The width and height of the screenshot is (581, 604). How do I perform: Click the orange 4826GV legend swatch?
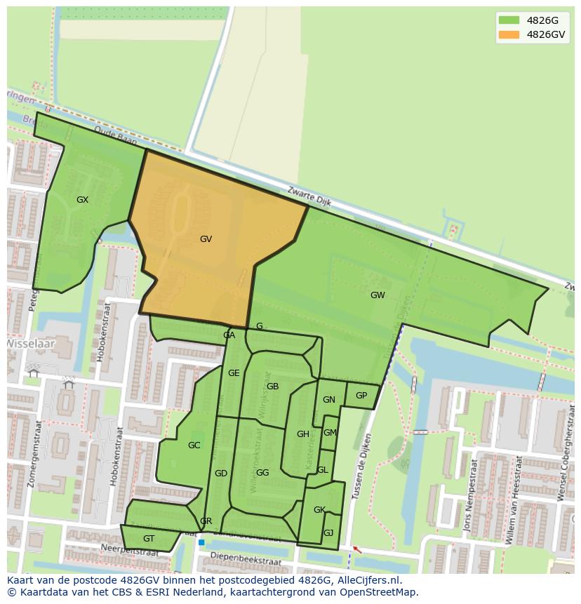509,34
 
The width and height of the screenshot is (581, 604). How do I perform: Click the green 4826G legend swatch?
509,20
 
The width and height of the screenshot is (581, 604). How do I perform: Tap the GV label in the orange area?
206,239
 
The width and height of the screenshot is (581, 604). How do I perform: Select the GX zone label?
82,200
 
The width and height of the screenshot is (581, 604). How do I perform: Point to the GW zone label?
378,295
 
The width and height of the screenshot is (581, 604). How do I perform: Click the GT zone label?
149,539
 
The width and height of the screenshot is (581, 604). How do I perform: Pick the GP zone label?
361,396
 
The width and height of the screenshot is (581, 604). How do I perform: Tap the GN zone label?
328,400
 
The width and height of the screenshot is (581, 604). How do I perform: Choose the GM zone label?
330,433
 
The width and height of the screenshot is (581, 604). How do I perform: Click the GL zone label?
322,470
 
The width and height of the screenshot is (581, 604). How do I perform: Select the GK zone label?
319,510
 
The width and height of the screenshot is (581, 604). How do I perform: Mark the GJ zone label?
328,533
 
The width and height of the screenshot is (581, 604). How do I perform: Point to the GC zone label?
194,445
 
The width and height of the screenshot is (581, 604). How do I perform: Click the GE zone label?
234,373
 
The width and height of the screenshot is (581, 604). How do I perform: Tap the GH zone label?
302,434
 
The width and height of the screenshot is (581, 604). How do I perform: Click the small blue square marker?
201,542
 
